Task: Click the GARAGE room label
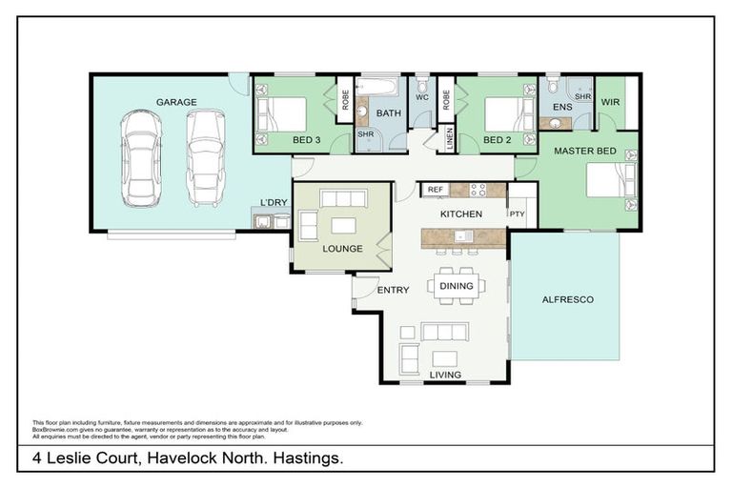point(176,102)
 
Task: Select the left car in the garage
point(143,157)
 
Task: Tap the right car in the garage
point(206,157)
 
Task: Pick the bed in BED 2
point(507,114)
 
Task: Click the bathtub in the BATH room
point(380,91)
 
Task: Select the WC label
point(422,97)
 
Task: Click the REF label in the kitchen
point(436,190)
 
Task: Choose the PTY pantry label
point(518,214)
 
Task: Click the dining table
point(456,284)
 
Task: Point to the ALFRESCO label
point(567,299)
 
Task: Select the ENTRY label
point(393,291)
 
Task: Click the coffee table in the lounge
point(343,226)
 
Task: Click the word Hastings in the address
point(309,458)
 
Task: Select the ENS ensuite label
point(562,107)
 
